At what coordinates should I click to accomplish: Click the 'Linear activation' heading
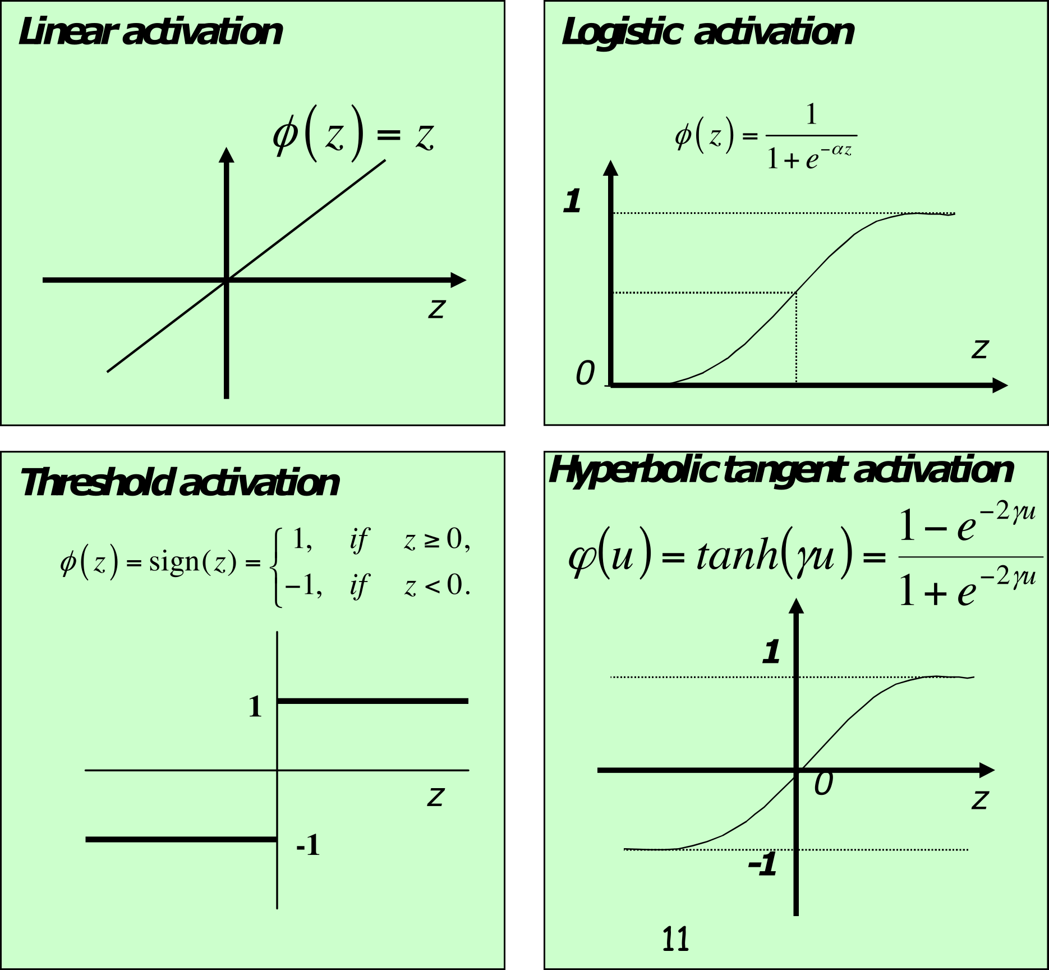[x=150, y=32]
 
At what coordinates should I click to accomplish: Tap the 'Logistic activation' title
[x=707, y=32]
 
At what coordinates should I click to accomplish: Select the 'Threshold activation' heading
[x=180, y=483]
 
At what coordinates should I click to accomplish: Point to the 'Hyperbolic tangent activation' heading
[x=781, y=470]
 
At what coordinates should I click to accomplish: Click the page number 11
[x=675, y=939]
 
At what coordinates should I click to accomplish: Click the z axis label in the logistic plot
[x=979, y=349]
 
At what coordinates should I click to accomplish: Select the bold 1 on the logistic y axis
[x=572, y=201]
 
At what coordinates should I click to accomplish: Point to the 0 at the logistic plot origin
[x=585, y=373]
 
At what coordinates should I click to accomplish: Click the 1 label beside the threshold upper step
[x=255, y=707]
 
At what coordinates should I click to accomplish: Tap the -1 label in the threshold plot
[x=308, y=845]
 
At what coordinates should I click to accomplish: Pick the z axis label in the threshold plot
[x=436, y=796]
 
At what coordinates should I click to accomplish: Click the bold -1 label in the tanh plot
[x=762, y=864]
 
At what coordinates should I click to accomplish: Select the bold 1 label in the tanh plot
[x=771, y=652]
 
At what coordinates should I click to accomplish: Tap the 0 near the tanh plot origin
[x=823, y=784]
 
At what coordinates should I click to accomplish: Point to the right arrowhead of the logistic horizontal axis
[x=1000, y=385]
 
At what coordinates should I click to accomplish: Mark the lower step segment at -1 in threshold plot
[x=181, y=839]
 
